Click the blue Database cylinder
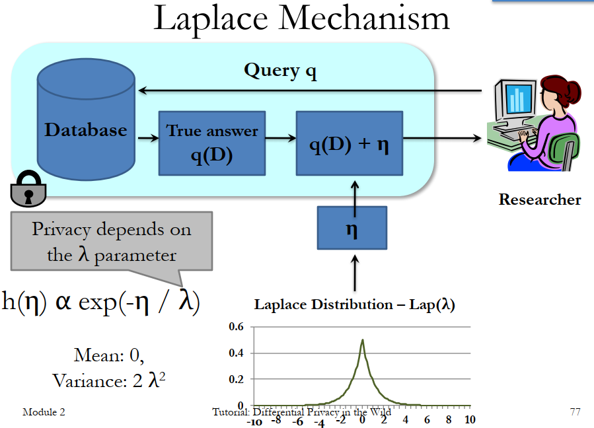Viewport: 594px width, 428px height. point(86,129)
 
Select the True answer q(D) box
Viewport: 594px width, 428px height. point(212,143)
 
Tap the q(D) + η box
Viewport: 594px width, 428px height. point(350,143)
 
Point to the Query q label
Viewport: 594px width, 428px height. point(280,71)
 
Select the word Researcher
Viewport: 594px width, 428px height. point(540,199)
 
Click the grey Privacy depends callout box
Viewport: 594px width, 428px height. point(111,241)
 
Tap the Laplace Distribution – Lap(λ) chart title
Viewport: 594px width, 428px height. point(354,305)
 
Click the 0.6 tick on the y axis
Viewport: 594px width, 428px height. point(236,327)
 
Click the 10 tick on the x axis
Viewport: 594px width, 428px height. point(469,420)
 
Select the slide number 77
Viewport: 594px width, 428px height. point(574,412)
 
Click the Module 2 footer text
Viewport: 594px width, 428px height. point(44,412)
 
